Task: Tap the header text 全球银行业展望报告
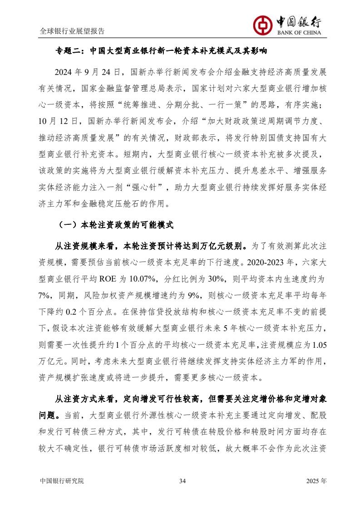coord(72,31)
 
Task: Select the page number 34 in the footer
coord(182,481)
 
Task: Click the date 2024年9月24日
coord(87,72)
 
